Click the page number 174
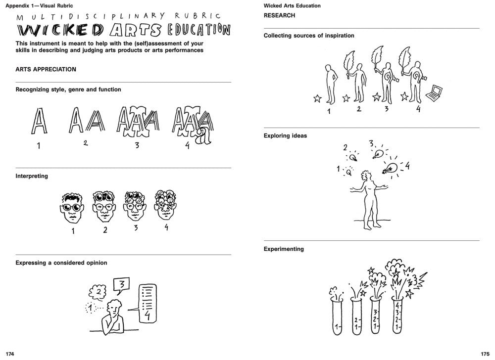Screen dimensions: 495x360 click(10, 354)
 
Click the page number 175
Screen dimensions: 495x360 click(485, 354)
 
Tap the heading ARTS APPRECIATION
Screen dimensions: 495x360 click(46, 69)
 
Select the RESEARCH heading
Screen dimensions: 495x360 click(279, 15)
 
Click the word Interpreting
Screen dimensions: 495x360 click(32, 176)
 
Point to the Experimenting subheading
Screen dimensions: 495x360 click(284, 249)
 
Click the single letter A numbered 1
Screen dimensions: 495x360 click(39, 121)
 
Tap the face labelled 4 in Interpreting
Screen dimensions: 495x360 click(165, 205)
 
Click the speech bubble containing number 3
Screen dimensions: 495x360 click(121, 285)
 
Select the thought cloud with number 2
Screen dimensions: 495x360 click(98, 292)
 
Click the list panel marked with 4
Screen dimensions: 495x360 click(148, 303)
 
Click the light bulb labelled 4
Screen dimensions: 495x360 click(391, 168)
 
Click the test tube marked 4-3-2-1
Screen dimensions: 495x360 click(397, 315)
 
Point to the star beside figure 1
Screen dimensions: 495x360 click(318, 99)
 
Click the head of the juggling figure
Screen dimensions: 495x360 click(366, 176)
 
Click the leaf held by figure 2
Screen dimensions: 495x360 click(349, 63)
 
